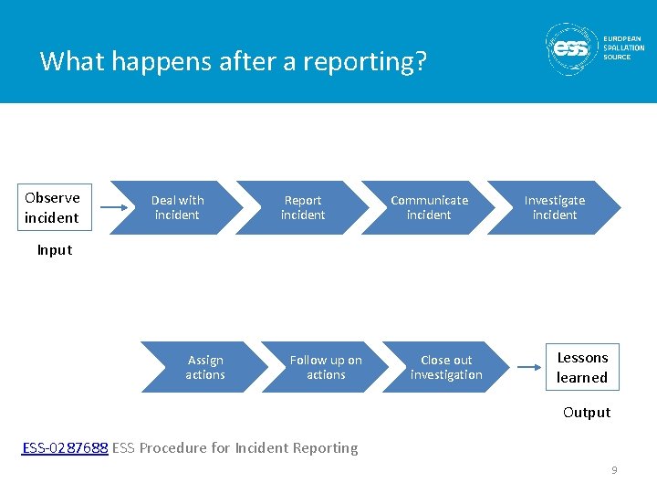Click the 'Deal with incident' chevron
(x=178, y=207)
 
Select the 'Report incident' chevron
(x=303, y=207)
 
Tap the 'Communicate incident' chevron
(x=429, y=207)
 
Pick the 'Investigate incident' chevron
(x=555, y=207)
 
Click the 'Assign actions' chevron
(x=205, y=367)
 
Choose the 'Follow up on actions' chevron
(x=326, y=367)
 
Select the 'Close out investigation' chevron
(x=446, y=367)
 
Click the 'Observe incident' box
(x=52, y=207)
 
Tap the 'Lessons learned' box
(x=582, y=367)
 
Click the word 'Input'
(x=55, y=250)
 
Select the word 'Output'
(x=587, y=413)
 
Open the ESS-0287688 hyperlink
(x=65, y=448)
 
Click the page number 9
(x=614, y=470)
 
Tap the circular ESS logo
(x=572, y=48)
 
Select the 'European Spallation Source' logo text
(x=623, y=48)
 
